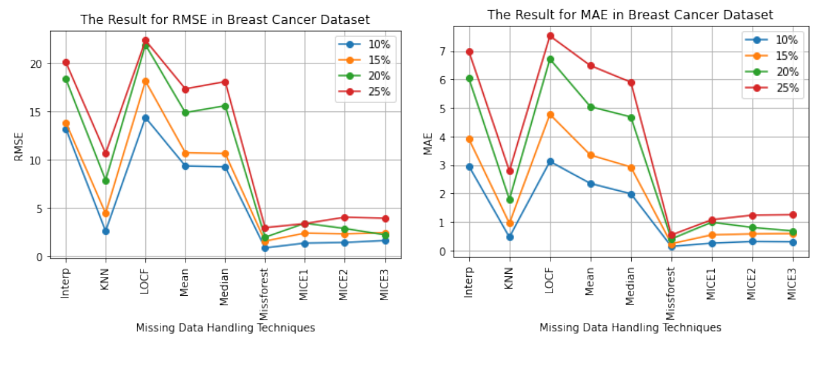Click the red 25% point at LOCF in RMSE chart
(x=145, y=40)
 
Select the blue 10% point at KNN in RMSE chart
(x=106, y=232)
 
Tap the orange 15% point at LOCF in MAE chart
(x=551, y=115)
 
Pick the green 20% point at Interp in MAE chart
(x=469, y=79)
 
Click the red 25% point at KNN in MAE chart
(x=510, y=171)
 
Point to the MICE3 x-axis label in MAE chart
(x=792, y=285)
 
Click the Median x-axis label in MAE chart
(x=631, y=288)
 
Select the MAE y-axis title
(x=428, y=142)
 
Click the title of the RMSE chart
(x=225, y=20)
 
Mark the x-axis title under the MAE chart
(x=630, y=328)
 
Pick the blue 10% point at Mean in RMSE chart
(x=185, y=166)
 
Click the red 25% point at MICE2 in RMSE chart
(x=344, y=218)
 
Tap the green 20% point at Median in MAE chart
(x=631, y=118)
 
